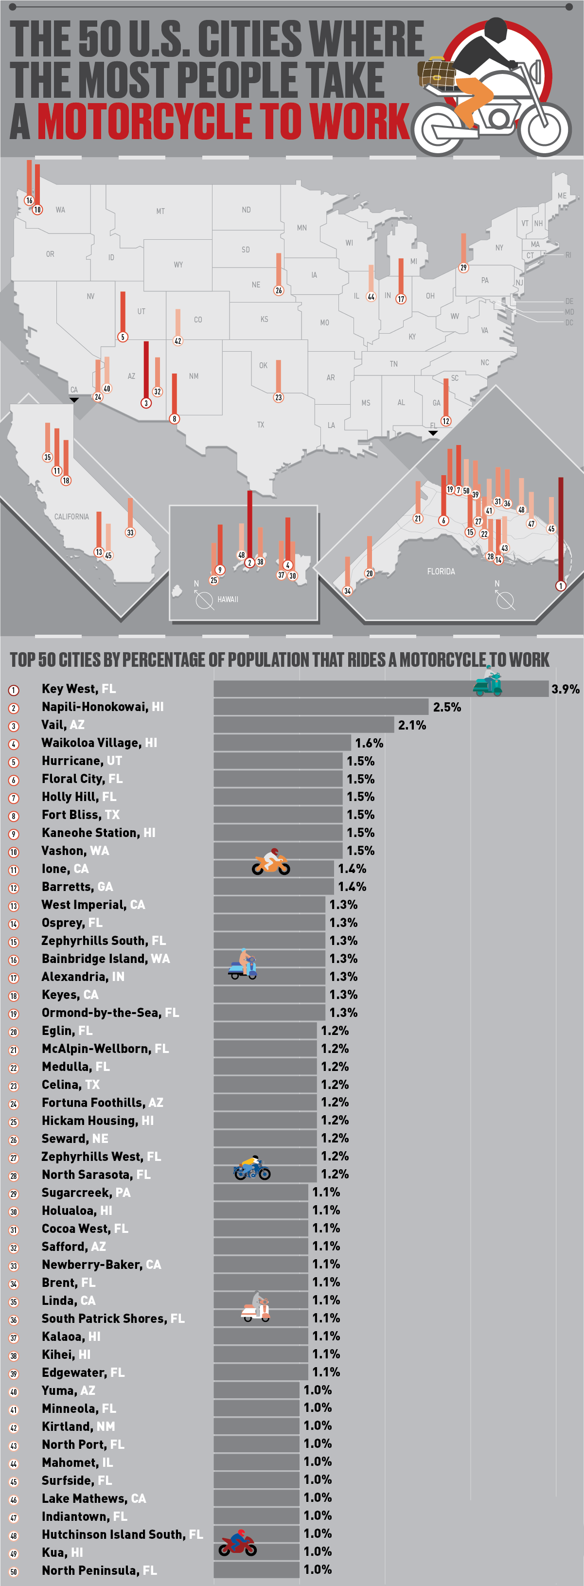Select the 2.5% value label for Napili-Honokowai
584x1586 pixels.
click(x=447, y=707)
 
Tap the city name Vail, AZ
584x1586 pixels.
click(x=63, y=725)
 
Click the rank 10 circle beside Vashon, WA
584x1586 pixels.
click(x=14, y=852)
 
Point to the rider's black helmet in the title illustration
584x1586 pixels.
click(x=496, y=29)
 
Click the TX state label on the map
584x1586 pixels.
click(x=260, y=425)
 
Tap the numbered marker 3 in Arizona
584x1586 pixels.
click(x=146, y=403)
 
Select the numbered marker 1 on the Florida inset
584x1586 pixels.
click(x=560, y=586)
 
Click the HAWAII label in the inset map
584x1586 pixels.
click(x=228, y=599)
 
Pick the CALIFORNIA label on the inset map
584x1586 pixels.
click(x=71, y=517)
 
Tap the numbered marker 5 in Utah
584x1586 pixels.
click(x=123, y=337)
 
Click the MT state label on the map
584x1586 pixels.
click(x=160, y=211)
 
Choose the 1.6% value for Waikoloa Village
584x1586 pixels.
click(x=369, y=743)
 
